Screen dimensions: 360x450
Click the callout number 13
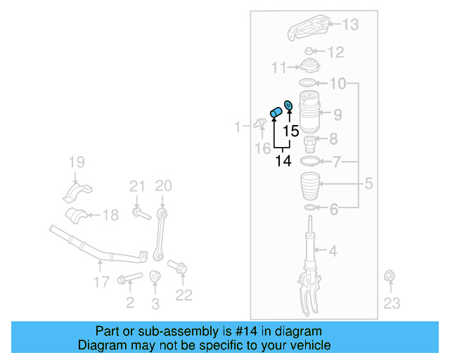click(x=349, y=25)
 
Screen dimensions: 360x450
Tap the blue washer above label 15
click(x=288, y=106)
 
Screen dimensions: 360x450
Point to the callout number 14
click(x=283, y=161)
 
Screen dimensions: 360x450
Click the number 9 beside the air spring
click(x=337, y=114)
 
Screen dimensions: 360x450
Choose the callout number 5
click(x=368, y=185)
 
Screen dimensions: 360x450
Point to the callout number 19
click(x=76, y=165)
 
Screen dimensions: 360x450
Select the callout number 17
click(x=101, y=282)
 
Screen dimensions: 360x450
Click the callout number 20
click(x=163, y=186)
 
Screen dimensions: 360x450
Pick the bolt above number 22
click(x=178, y=268)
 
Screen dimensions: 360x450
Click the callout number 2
click(x=129, y=303)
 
